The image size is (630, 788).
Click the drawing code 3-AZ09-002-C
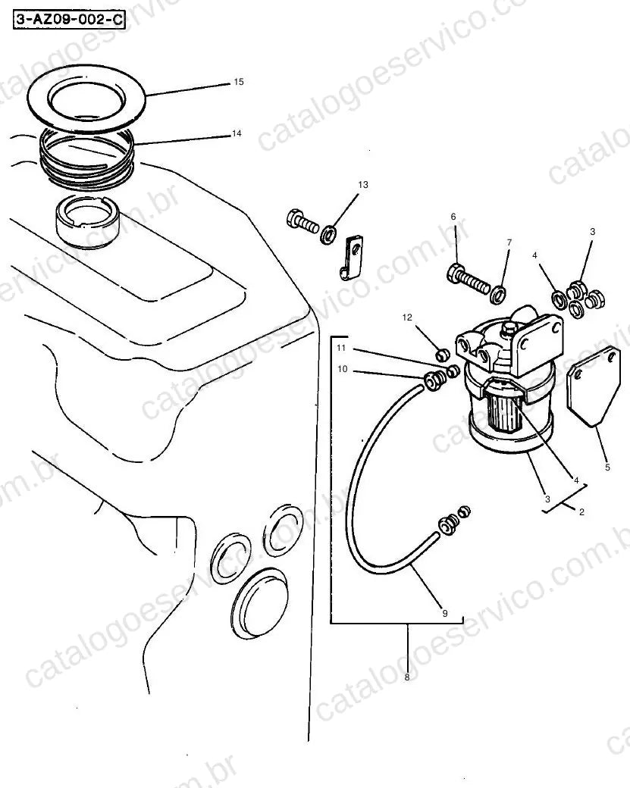[69, 20]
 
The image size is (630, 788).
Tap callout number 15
[238, 81]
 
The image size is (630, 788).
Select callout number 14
[237, 133]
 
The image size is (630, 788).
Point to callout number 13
[362, 184]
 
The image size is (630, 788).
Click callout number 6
[453, 217]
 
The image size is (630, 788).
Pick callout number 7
[509, 242]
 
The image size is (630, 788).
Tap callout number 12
[407, 317]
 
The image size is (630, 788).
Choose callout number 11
[341, 348]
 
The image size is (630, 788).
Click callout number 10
[343, 369]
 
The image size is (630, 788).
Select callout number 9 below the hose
[445, 613]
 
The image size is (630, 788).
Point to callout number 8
[407, 677]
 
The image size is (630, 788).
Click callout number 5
[607, 467]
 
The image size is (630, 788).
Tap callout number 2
[581, 512]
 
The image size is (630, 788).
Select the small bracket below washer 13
[353, 258]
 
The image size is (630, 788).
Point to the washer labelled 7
[498, 295]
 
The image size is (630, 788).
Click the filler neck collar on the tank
[87, 222]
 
